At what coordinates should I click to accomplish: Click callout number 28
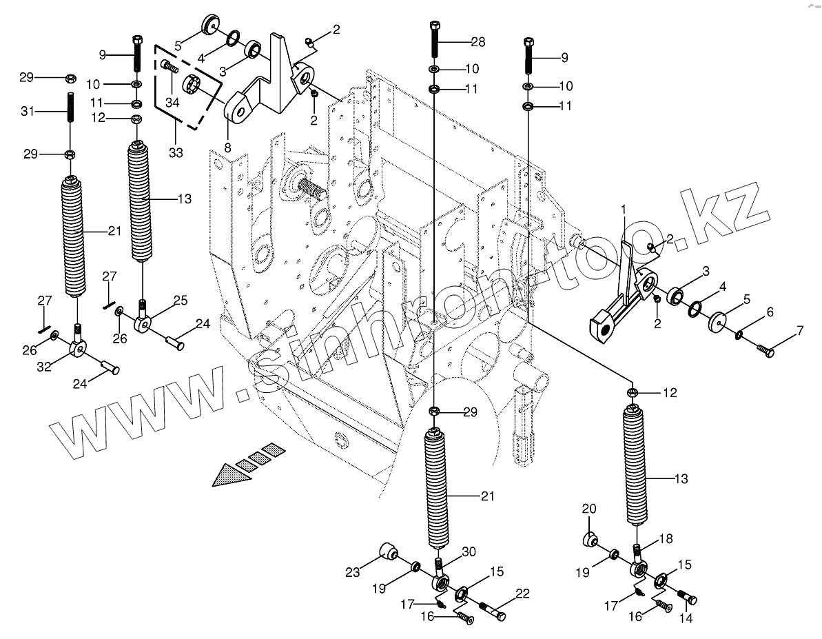[x=478, y=42]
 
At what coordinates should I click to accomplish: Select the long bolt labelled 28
[x=435, y=40]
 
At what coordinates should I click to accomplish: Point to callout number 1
[x=623, y=207]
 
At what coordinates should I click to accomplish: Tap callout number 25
[x=180, y=301]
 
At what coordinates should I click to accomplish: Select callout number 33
[x=176, y=152]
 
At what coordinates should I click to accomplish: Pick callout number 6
[x=770, y=312]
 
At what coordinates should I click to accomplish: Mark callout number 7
[x=799, y=330]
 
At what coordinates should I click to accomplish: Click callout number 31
[x=28, y=111]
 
